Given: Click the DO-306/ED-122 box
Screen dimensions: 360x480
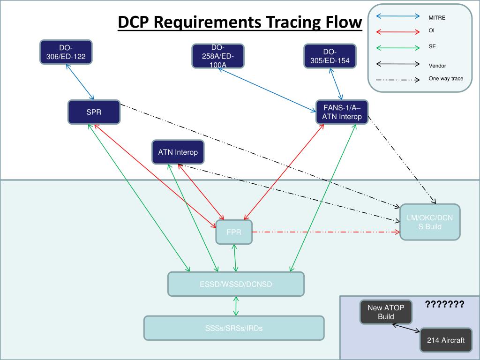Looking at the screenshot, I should pyautogui.click(x=66, y=52).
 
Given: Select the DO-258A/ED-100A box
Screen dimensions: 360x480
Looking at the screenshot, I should pyautogui.click(x=218, y=56).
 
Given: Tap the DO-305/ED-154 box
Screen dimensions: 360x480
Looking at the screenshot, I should pyautogui.click(x=330, y=56).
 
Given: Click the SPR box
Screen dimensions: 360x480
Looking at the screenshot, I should pyautogui.click(x=94, y=112).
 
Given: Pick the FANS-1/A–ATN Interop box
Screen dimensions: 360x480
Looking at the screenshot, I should pyautogui.click(x=342, y=112).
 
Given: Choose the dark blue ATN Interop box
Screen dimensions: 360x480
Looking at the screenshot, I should pyautogui.click(x=178, y=152).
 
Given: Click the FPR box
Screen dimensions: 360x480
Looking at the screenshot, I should pyautogui.click(x=234, y=232).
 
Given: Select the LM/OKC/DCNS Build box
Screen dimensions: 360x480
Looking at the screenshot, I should pyautogui.click(x=430, y=223).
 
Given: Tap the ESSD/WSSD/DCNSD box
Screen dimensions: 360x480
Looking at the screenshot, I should pyautogui.click(x=236, y=284).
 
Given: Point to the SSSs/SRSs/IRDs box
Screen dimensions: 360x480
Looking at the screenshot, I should pyautogui.click(x=233, y=328).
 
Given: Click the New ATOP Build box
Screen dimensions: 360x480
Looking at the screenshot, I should pyautogui.click(x=386, y=312).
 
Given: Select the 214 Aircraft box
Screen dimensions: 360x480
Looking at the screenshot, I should pyautogui.click(x=445, y=340).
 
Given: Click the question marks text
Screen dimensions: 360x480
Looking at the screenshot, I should pyautogui.click(x=444, y=305).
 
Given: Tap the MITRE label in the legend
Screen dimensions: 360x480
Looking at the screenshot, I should pyautogui.click(x=437, y=18).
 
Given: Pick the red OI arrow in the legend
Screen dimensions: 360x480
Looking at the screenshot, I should pyautogui.click(x=397, y=32).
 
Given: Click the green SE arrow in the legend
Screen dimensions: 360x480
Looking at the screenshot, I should pyautogui.click(x=397, y=47).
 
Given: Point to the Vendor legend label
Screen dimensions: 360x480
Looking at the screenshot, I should pyautogui.click(x=437, y=66).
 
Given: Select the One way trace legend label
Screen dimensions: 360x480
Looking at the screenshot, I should pyautogui.click(x=446, y=78).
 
